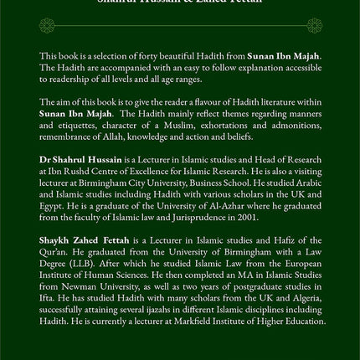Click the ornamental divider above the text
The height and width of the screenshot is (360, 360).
coord(180,28)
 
